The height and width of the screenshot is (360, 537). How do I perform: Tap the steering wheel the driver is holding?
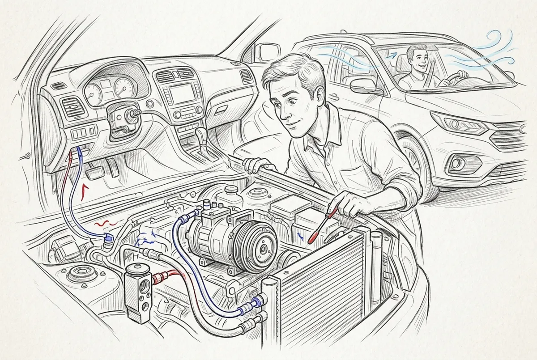452,80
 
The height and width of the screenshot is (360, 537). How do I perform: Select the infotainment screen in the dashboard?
183,94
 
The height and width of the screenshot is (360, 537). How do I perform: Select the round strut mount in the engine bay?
82,273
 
